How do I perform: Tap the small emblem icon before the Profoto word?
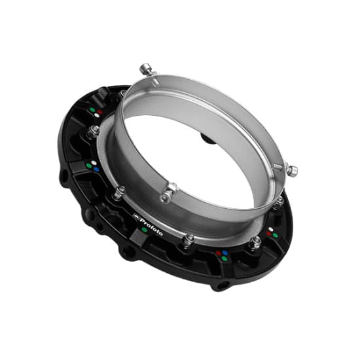136,217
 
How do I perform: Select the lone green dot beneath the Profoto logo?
145,229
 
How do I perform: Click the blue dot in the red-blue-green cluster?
225,253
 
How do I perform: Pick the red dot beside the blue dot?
219,253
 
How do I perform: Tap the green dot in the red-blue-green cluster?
225,259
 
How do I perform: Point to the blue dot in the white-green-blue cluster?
97,170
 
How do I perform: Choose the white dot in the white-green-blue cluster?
94,163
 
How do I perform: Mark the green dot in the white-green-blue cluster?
88,166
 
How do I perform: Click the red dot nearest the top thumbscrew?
99,112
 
